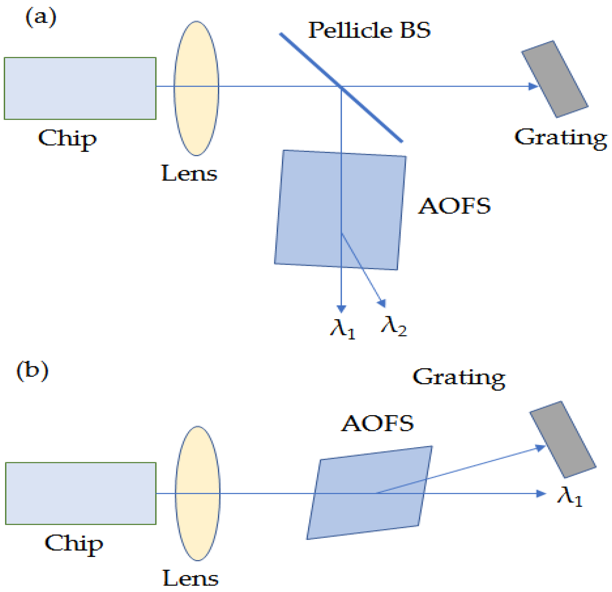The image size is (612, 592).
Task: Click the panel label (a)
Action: [41, 18]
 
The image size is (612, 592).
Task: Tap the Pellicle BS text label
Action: [369, 30]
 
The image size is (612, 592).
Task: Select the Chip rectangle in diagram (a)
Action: [80, 88]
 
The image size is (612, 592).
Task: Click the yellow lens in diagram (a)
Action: [196, 88]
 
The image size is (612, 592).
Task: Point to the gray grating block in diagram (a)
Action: [555, 79]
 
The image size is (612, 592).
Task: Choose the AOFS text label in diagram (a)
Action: [454, 207]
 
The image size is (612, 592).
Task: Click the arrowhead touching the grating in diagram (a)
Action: [533, 86]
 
